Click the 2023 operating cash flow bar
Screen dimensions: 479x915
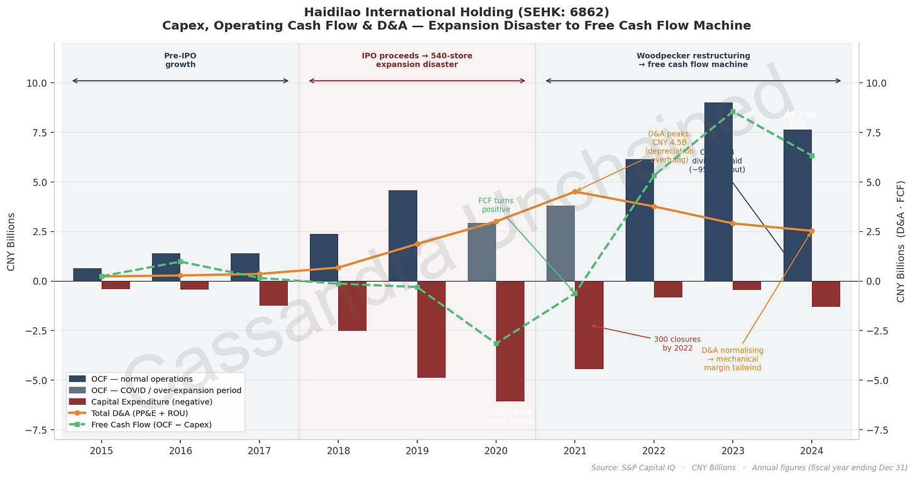coord(718,192)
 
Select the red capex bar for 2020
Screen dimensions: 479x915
coord(510,341)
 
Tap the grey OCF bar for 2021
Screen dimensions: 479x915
coord(561,243)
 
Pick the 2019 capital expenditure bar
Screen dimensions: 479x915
coord(431,329)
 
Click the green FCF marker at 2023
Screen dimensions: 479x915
coord(732,112)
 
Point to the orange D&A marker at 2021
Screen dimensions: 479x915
coord(574,191)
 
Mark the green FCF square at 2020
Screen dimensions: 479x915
coord(496,344)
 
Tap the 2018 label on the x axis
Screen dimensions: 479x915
coord(338,451)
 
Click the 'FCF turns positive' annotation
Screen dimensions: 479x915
coord(496,206)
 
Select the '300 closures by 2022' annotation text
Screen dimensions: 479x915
coord(677,343)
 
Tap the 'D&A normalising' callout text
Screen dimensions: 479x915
coord(732,358)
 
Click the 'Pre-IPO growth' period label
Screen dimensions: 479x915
coord(180,60)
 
